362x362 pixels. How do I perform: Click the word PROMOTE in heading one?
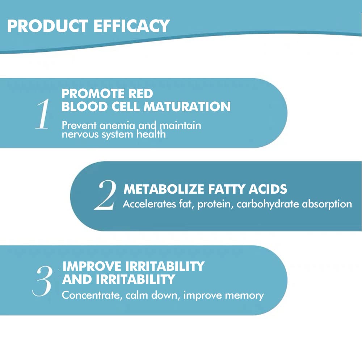[93, 94]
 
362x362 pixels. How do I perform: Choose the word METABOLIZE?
[164, 189]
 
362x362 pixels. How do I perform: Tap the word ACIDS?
[269, 189]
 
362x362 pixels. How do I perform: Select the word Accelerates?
[148, 204]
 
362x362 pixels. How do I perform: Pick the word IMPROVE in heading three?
[92, 266]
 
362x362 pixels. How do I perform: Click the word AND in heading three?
[75, 279]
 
